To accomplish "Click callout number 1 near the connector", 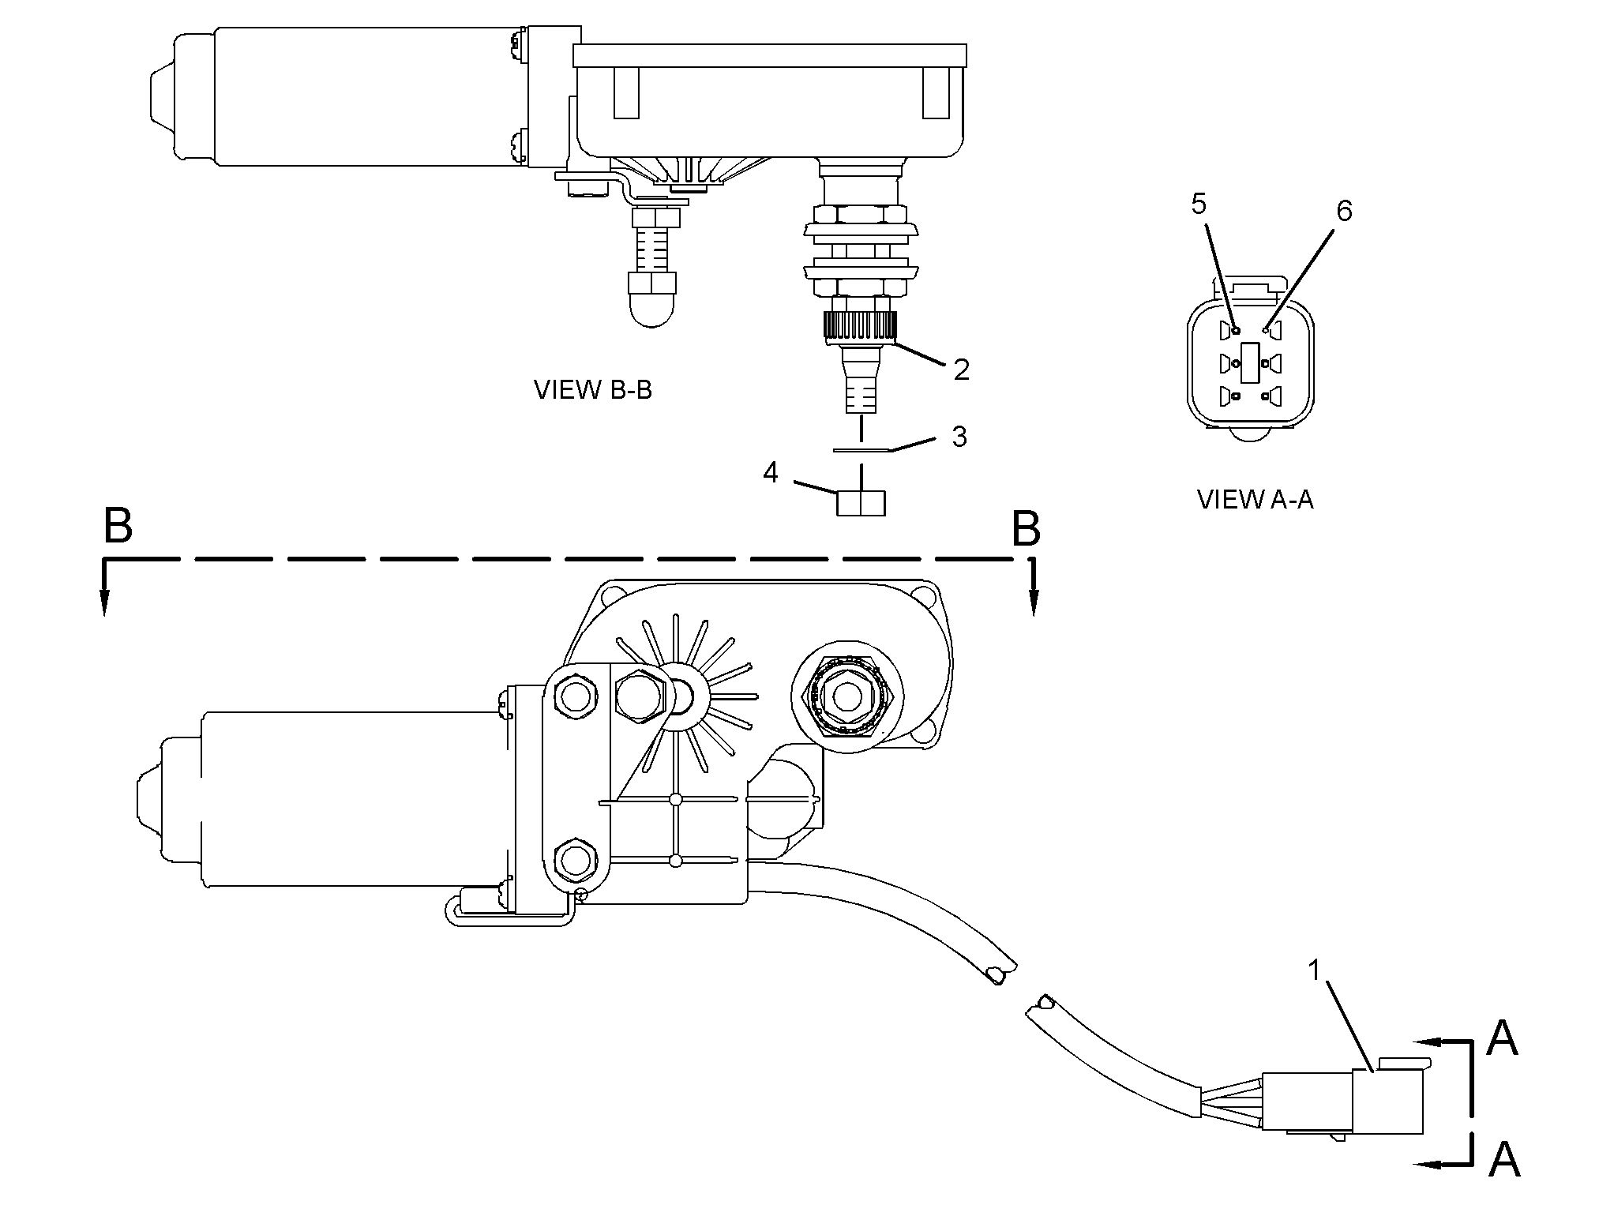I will point(1315,970).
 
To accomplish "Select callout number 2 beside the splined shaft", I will point(961,370).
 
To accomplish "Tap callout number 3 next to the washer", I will point(959,437).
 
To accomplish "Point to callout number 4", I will point(771,473).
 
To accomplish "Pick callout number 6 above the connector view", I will point(1344,211).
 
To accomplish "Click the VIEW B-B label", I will point(593,390).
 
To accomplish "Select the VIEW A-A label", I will point(1256,499).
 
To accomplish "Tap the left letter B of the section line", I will point(118,526).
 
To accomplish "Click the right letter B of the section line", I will point(1026,529).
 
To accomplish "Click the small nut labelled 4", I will point(861,503).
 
